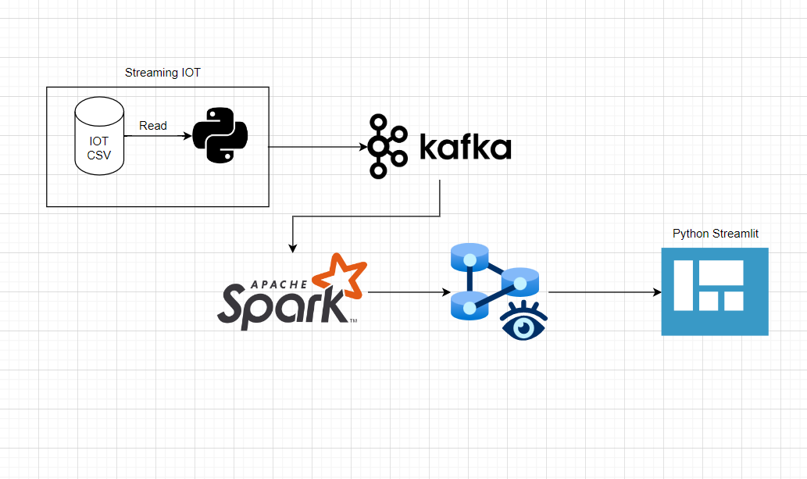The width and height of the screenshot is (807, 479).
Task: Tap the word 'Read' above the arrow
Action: tap(153, 125)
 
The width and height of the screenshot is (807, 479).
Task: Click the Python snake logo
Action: tap(220, 135)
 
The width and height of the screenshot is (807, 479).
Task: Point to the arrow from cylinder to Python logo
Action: tap(156, 136)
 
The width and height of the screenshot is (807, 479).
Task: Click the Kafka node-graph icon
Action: tap(388, 146)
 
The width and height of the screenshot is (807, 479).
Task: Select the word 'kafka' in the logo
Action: tap(466, 146)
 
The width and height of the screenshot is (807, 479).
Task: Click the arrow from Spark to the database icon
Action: tap(406, 293)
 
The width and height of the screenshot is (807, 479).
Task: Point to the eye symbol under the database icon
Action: tap(523, 321)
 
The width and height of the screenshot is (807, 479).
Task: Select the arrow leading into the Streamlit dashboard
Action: tap(602, 293)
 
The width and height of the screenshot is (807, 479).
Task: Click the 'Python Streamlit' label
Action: tap(715, 234)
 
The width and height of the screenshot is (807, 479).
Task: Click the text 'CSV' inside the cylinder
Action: tap(99, 155)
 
